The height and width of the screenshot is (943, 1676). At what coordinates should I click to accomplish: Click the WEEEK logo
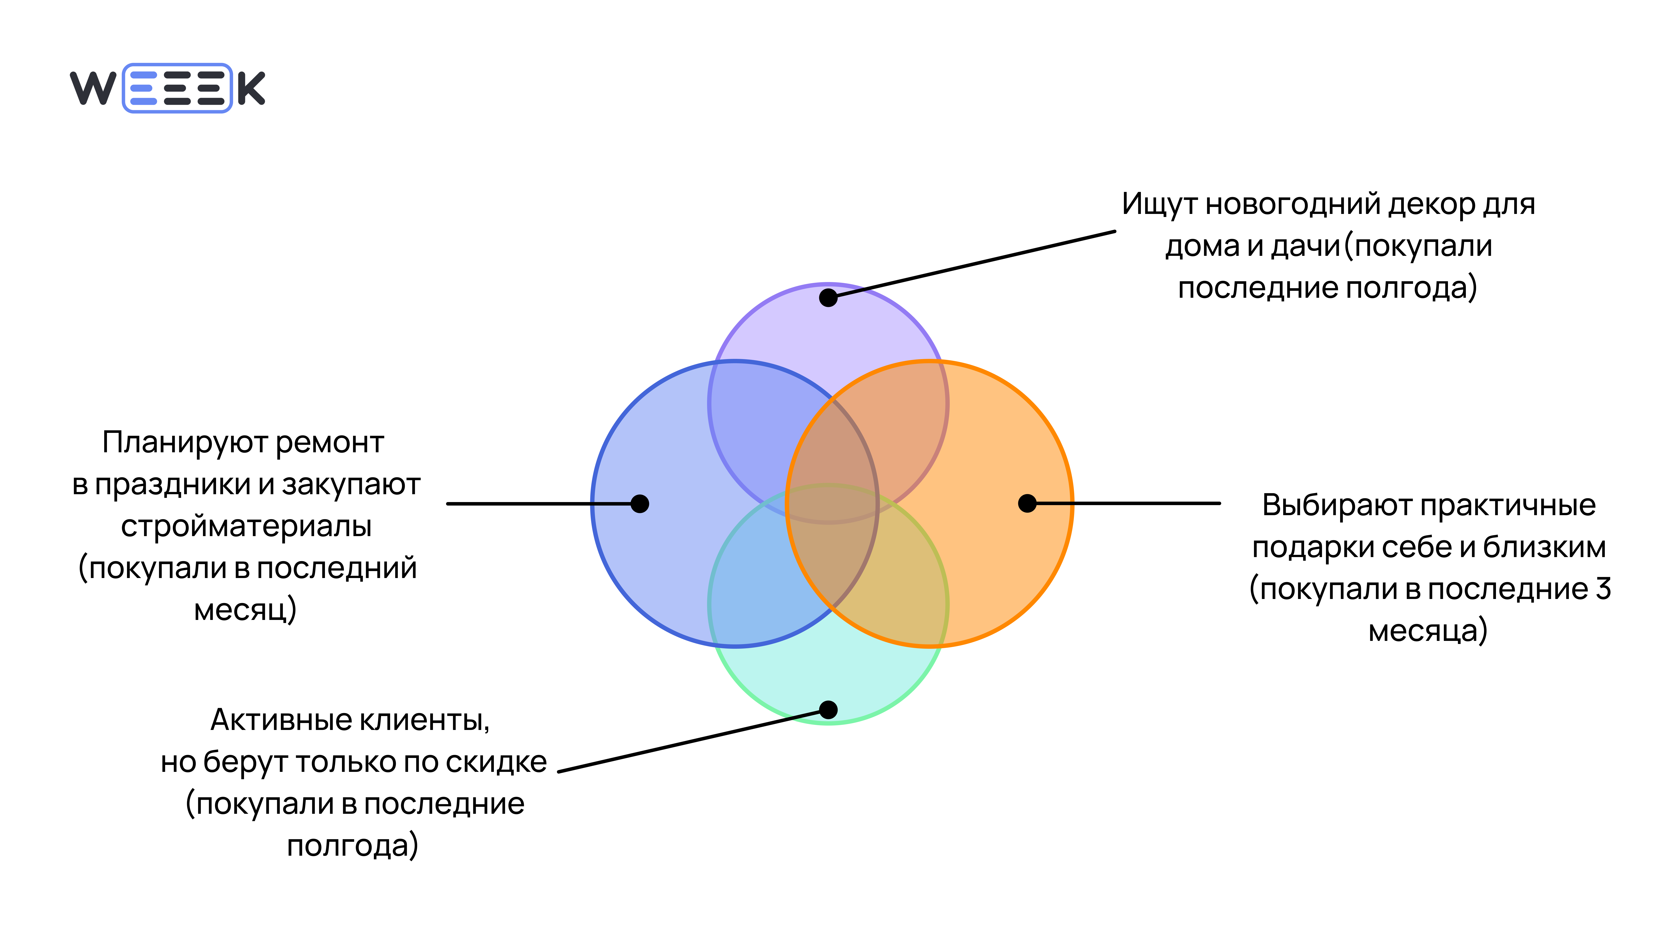coord(167,88)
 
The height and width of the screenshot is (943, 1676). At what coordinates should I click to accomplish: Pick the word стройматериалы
coord(246,526)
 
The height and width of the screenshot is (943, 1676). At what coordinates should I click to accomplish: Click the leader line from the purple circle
coord(976,263)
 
